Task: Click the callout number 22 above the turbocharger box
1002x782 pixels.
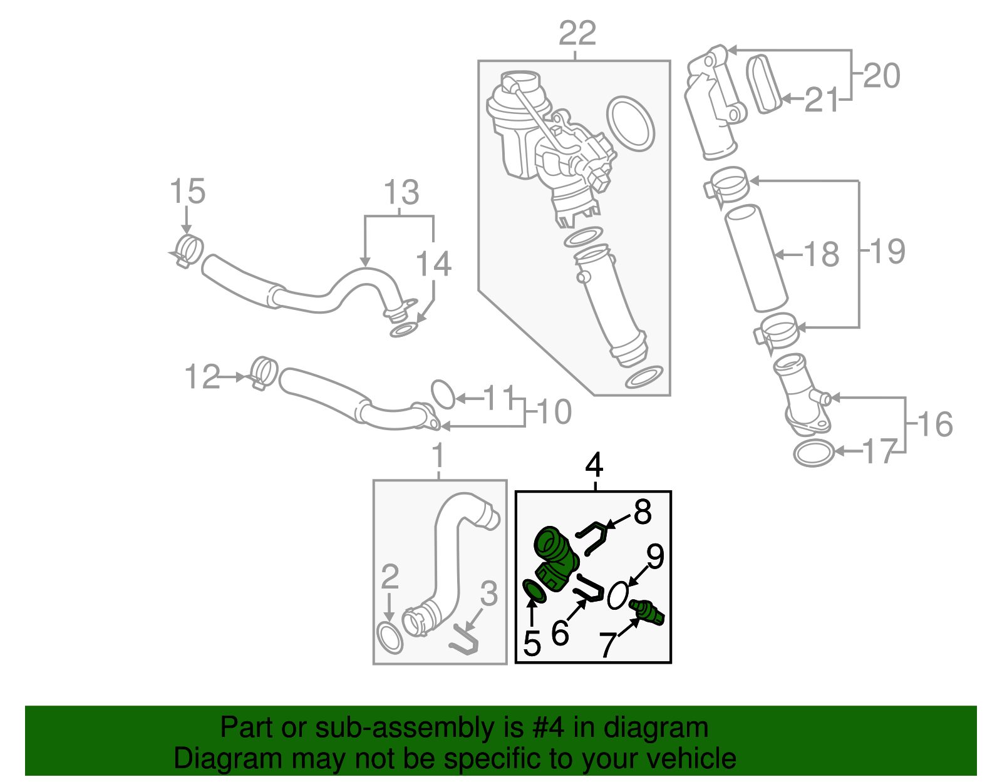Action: coord(577,33)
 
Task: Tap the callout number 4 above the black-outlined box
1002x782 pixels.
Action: coord(594,465)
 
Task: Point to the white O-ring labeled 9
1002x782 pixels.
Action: coord(617,595)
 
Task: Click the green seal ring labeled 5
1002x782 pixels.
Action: coord(534,592)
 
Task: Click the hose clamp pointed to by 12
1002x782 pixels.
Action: coord(264,371)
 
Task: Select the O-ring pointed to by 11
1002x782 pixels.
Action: coord(443,394)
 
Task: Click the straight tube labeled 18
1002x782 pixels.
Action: coord(756,257)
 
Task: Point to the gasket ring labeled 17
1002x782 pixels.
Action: coord(813,453)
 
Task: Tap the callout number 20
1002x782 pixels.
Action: coord(882,76)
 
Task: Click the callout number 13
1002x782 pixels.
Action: coord(401,192)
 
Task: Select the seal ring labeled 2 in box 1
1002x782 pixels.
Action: coord(390,638)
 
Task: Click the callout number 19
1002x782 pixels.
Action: coord(888,251)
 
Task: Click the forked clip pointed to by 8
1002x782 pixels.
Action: coord(592,536)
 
